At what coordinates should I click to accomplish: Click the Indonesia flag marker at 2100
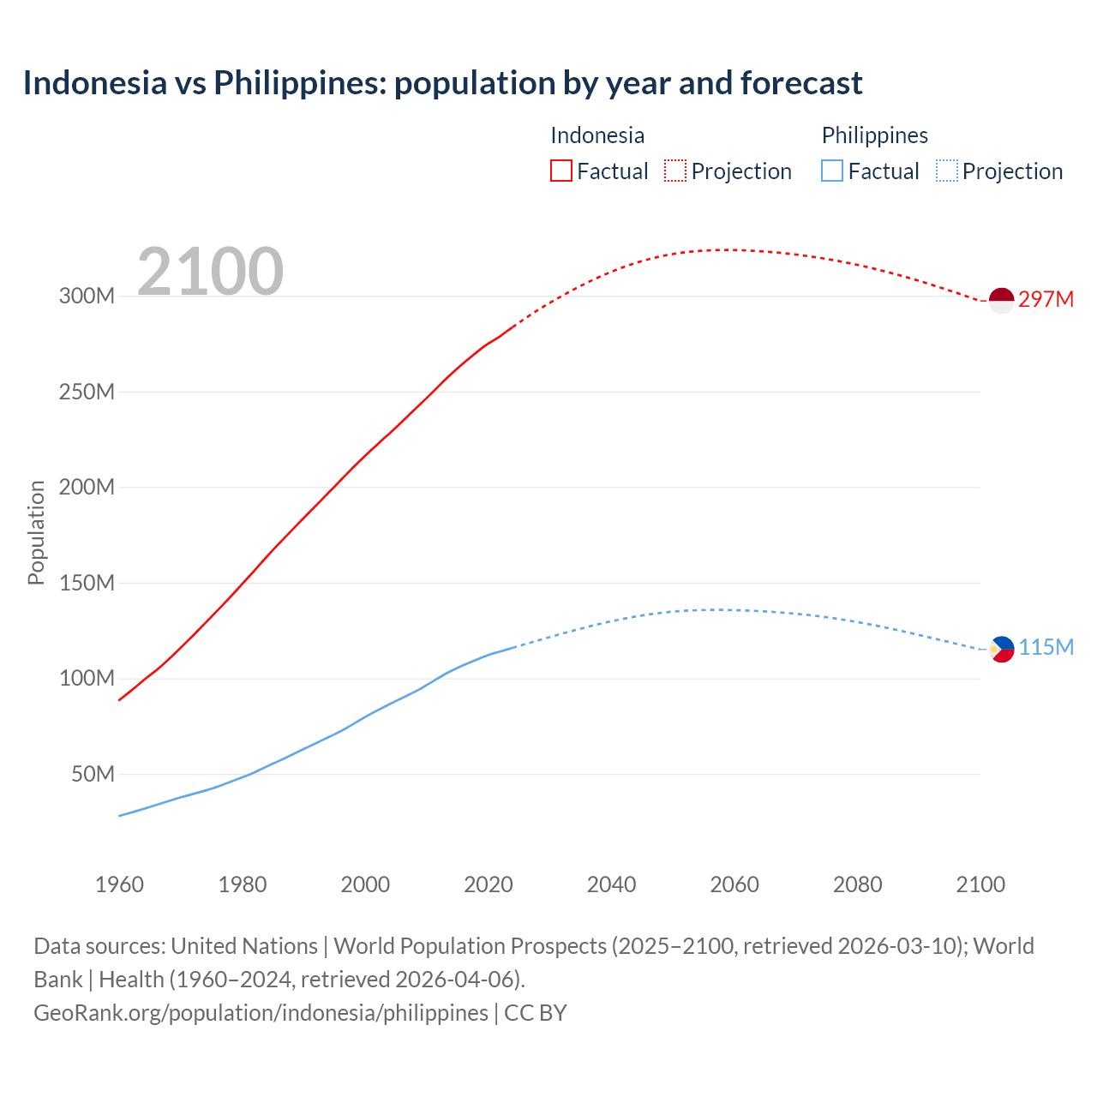[x=1001, y=300]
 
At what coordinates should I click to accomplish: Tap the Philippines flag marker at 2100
[x=1001, y=649]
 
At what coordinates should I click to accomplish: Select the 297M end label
[x=1046, y=299]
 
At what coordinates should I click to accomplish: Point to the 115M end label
[x=1046, y=647]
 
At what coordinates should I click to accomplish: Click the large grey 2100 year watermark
[x=210, y=272]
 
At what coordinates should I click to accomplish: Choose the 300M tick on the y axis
[x=87, y=297]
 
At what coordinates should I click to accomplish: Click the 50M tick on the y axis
[x=93, y=775]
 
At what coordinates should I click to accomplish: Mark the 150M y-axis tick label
[x=87, y=584]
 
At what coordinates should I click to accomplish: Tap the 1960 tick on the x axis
[x=119, y=884]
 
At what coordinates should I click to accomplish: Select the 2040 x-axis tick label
[x=611, y=884]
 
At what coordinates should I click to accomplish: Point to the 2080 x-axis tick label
[x=857, y=884]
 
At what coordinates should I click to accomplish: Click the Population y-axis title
[x=36, y=532]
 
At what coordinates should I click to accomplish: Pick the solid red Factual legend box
[x=560, y=171]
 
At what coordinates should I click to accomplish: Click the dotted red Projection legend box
[x=675, y=171]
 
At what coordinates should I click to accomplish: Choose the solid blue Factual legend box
[x=832, y=171]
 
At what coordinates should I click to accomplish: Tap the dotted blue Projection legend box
[x=946, y=171]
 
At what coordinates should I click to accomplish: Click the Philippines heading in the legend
[x=874, y=135]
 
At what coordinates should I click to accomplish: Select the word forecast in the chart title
[x=801, y=83]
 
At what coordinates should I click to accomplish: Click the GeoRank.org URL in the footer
[x=261, y=1013]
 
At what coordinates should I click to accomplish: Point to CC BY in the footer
[x=536, y=1013]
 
